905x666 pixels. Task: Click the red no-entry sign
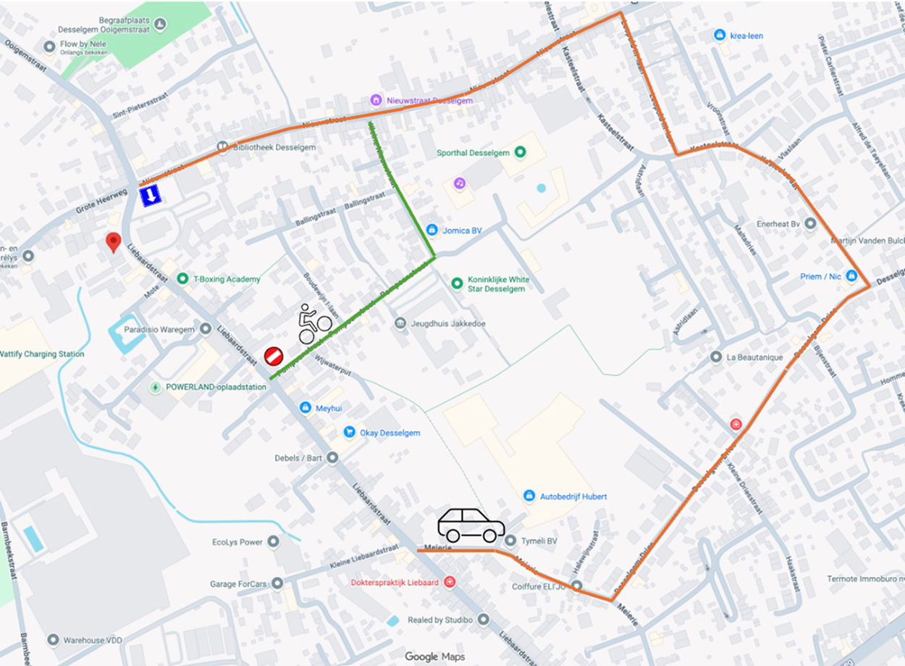[x=273, y=356]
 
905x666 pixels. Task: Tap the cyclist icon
[x=314, y=324]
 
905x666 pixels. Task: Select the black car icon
[x=471, y=525]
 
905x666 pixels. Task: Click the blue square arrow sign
[x=150, y=195]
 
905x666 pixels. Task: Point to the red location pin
[x=113, y=241]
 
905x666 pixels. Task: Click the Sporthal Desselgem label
[x=473, y=153]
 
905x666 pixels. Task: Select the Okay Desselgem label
[x=390, y=433]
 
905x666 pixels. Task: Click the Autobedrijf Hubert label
[x=573, y=496]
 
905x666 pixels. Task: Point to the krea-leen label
[x=746, y=36]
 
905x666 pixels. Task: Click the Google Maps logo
[x=434, y=657]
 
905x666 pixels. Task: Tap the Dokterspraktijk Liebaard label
[x=395, y=582]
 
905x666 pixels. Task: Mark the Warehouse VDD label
[x=93, y=640]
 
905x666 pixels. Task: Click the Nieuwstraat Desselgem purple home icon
[x=376, y=100]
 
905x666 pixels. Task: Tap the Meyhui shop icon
[x=306, y=408]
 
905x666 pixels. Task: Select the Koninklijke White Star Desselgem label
[x=498, y=284]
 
